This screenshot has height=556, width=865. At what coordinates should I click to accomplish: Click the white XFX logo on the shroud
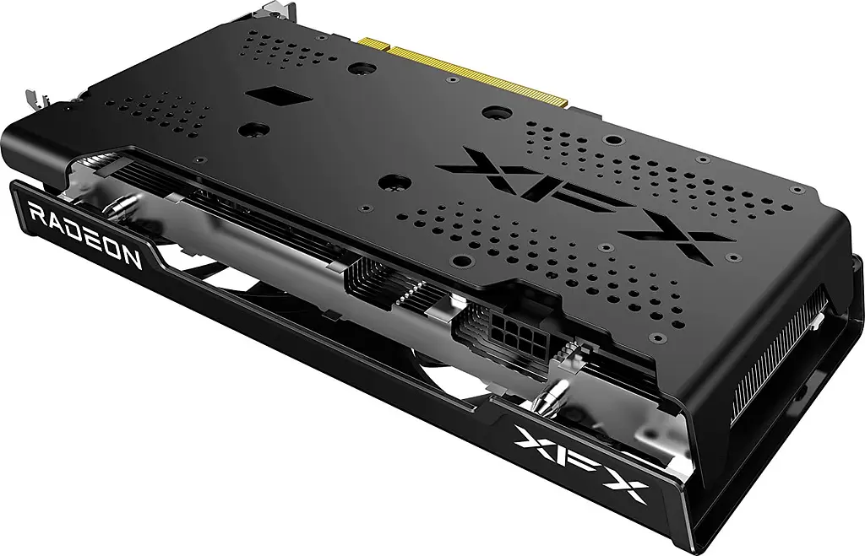581,461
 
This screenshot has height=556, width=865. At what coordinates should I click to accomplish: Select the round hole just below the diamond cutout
250,130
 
